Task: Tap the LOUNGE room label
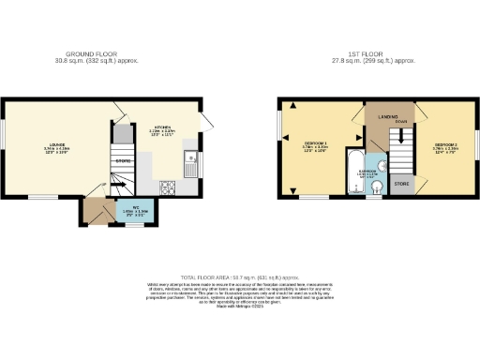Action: (x=57, y=145)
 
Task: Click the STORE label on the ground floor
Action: (x=122, y=161)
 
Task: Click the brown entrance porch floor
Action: (x=94, y=210)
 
